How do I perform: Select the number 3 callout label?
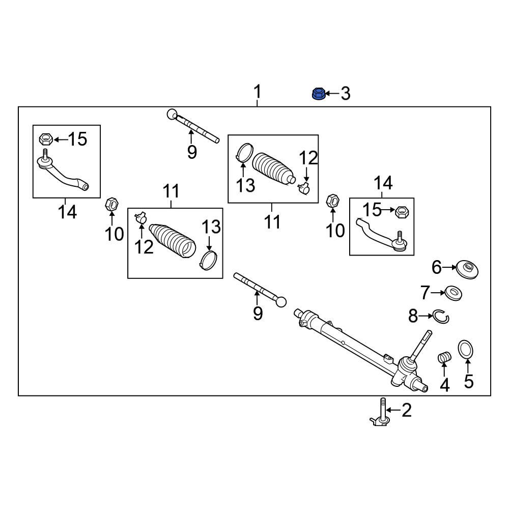(346, 94)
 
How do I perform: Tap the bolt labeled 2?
(382, 412)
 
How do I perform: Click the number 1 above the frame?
(258, 92)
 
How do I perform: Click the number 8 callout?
(413, 317)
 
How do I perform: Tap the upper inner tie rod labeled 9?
(193, 126)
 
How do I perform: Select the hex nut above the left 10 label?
(111, 204)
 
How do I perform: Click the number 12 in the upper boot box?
(308, 158)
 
